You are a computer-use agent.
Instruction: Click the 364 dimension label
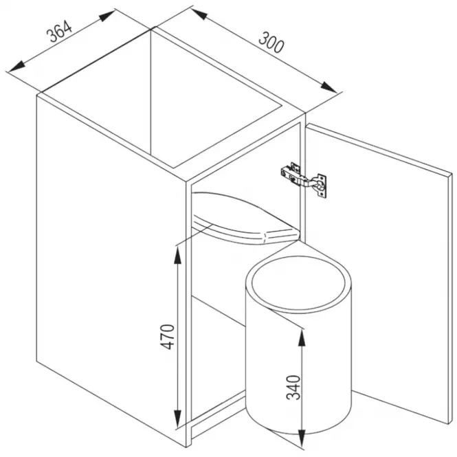pos(59,32)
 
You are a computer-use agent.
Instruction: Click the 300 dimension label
pos(271,43)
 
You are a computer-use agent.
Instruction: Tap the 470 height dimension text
pos(168,337)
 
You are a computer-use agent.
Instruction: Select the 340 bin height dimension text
pos(293,388)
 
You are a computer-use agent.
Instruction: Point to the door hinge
pos(304,179)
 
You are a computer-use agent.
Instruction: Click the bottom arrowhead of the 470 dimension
pos(177,419)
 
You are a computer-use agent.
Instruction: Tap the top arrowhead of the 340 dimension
pos(302,339)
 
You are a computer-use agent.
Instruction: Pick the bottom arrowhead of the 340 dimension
pos(302,438)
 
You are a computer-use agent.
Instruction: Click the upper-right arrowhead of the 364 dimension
pos(107,16)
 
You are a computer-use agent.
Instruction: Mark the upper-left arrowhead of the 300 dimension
pos(200,14)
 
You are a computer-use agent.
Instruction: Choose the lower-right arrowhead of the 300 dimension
pos(328,87)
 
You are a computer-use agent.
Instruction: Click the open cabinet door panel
pos(379,273)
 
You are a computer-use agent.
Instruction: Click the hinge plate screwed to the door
pos(321,186)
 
